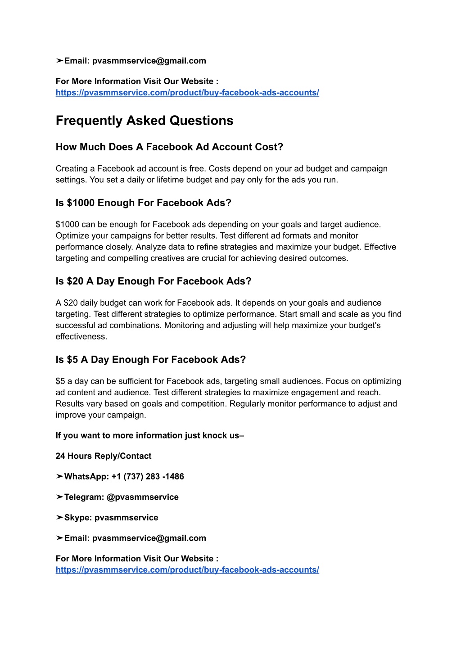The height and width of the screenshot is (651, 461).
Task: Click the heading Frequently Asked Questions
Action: point(145,121)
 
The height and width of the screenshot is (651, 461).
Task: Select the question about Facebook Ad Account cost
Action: point(169,147)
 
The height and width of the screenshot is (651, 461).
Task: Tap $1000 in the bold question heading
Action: point(81,203)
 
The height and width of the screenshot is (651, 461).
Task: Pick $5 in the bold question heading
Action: point(72,360)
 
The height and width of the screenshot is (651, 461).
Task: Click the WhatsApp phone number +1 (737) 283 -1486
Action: point(148,477)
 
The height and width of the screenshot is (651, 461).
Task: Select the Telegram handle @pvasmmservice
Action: point(142,497)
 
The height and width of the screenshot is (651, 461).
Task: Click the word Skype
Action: point(78,518)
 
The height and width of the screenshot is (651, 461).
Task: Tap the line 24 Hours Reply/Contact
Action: point(104,456)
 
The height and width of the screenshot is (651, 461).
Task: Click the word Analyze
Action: point(150,247)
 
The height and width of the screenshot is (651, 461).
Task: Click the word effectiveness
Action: point(81,337)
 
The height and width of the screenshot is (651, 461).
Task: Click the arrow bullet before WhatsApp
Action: point(59,477)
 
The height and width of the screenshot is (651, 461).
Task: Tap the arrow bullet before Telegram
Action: point(59,497)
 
